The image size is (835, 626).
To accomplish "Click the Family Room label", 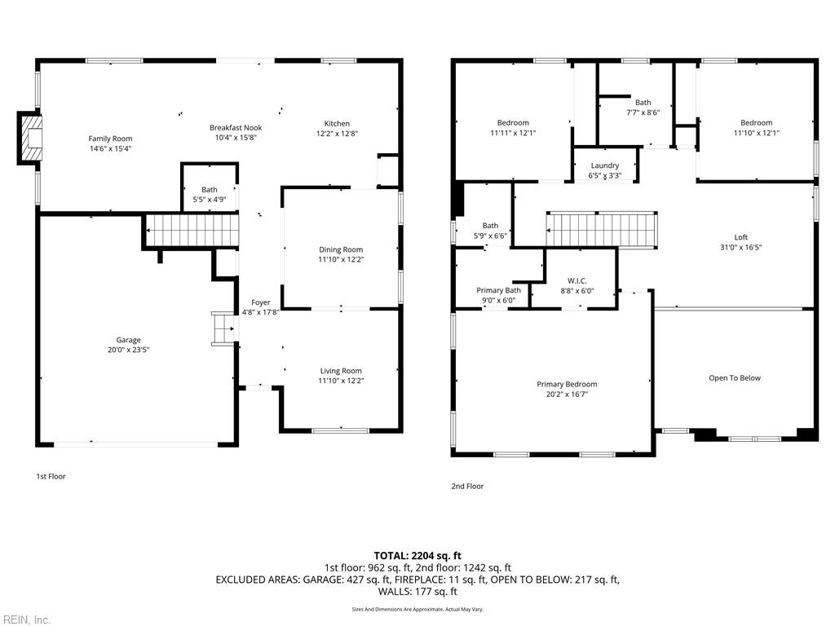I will tap(110, 139).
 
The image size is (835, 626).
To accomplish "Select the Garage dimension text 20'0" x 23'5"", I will tap(128, 350).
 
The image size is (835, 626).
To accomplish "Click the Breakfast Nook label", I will tap(236, 127).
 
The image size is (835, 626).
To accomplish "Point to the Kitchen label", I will tap(337, 123).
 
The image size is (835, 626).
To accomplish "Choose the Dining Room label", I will tap(341, 249).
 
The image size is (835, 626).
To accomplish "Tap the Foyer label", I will tap(260, 302).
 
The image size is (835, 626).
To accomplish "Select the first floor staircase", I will tap(192, 231).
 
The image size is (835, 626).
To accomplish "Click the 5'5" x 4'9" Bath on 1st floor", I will tap(210, 189).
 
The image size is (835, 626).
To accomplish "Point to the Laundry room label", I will tap(604, 165).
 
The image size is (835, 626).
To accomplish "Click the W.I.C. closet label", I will tap(577, 280).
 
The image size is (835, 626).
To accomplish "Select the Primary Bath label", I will tap(498, 290).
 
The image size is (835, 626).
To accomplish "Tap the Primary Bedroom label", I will tap(567, 384).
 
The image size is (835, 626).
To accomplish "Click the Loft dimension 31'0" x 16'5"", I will tap(740, 247).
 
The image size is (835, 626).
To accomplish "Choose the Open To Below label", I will tap(734, 377).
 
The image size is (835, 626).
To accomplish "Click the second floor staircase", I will tap(602, 229).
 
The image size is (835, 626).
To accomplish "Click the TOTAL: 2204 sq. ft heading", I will tap(417, 555).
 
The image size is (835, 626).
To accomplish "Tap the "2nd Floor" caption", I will tap(467, 486).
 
